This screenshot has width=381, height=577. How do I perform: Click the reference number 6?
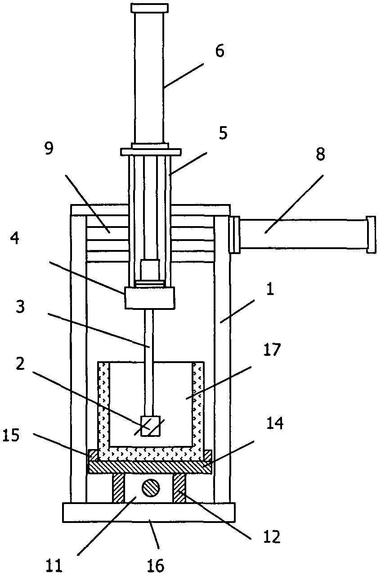220,51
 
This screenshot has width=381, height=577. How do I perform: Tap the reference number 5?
223,133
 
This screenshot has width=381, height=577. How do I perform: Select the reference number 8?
320,154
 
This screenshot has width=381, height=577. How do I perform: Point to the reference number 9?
49,149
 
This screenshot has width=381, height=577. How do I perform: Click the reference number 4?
15,238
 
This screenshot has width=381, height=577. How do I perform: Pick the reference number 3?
20,307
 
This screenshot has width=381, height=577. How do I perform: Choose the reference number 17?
272,350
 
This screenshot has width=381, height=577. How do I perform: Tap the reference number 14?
275,423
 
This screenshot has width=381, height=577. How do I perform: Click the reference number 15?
11,435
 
